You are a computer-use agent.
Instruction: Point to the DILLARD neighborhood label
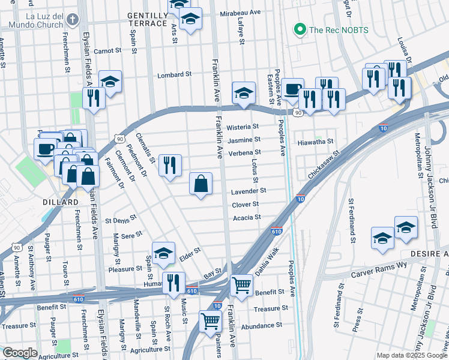tap(58, 203)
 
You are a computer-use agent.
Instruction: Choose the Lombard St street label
tap(174, 75)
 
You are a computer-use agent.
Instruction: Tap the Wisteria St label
tap(243, 127)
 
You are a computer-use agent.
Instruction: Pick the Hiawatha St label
tap(315, 142)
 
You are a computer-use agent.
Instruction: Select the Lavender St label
tap(249, 191)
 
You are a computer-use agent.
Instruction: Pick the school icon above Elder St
tap(163, 253)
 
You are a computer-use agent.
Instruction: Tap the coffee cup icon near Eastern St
tap(293, 89)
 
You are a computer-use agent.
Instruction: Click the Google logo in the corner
tap(20, 353)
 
